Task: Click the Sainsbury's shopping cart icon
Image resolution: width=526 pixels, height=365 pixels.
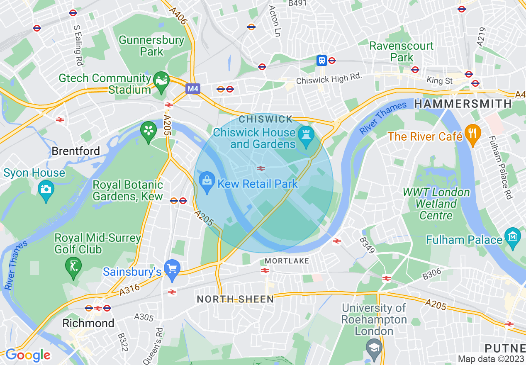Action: [171, 269]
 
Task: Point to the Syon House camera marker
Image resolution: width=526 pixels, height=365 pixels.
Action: [46, 190]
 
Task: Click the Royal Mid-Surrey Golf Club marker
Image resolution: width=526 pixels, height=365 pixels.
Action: [73, 265]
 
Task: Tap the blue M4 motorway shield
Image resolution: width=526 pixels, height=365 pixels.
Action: [192, 89]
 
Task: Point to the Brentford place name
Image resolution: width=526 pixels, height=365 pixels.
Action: [76, 151]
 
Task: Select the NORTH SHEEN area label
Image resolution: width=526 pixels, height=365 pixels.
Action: [235, 299]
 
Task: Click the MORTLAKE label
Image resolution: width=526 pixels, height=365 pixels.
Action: [287, 261]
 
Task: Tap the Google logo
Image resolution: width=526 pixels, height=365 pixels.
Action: [28, 355]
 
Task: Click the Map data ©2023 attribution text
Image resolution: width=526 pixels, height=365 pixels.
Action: [491, 359]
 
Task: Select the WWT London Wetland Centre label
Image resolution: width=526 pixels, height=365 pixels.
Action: [436, 204]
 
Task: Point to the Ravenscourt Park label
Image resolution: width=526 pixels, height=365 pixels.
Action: [402, 51]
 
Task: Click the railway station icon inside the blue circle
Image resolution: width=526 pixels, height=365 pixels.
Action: [261, 168]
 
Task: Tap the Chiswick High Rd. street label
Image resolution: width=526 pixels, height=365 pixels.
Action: [329, 78]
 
